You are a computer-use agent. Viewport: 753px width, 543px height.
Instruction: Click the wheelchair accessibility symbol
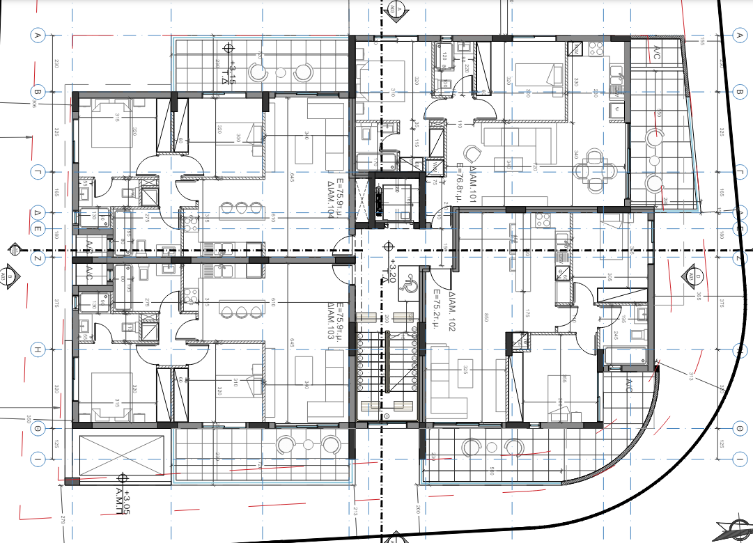[x=410, y=285]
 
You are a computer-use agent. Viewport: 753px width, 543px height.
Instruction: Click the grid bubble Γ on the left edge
[x=38, y=171]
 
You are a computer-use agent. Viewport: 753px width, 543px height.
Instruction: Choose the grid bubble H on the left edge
[x=38, y=349]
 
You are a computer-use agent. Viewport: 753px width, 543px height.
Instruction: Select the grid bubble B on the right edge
[x=740, y=92]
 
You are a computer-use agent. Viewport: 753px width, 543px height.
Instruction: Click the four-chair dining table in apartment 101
[x=597, y=166]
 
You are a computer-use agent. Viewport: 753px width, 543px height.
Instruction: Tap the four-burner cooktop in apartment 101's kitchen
[x=596, y=49]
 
